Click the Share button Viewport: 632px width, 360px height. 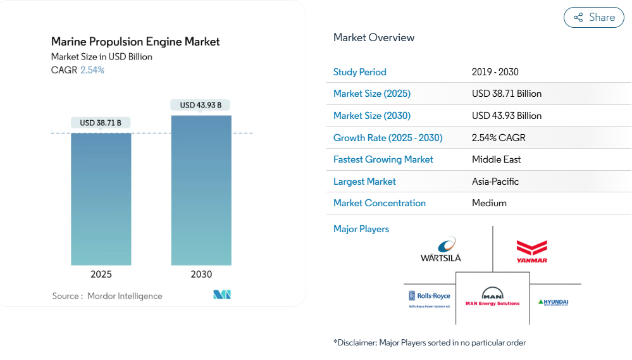tap(594, 18)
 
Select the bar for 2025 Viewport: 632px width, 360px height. tap(101, 199)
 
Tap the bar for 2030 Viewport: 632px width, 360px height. tap(201, 190)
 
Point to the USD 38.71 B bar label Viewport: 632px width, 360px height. tap(101, 123)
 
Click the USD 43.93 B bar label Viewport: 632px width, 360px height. tap(201, 105)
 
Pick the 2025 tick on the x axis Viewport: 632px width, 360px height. tap(101, 275)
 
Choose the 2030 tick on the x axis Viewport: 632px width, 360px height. tap(201, 275)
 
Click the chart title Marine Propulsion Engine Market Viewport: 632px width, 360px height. tap(135, 42)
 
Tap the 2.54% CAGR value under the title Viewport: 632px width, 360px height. tap(92, 70)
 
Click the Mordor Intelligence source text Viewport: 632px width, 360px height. tap(125, 296)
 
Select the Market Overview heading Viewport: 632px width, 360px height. tap(374, 37)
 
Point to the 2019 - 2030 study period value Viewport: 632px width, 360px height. tap(495, 72)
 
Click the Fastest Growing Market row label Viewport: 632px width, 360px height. tap(383, 159)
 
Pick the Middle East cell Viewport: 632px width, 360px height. tap(497, 159)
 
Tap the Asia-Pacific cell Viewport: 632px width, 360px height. tap(495, 182)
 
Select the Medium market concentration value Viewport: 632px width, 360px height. tap(489, 203)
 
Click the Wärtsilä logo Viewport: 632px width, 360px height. tap(441, 249)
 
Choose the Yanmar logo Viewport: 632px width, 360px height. tap(531, 251)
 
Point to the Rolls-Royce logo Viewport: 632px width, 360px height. tap(430, 297)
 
